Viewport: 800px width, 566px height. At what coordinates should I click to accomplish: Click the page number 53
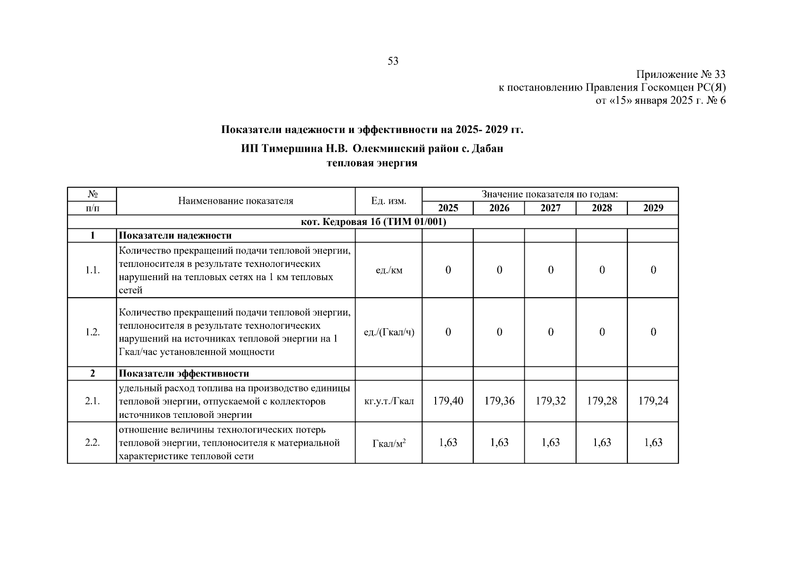click(393, 61)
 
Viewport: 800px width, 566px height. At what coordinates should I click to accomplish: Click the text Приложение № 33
click(680, 75)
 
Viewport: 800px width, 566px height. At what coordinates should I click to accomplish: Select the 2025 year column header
click(448, 208)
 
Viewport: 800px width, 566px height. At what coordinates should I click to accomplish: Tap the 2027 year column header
click(550, 208)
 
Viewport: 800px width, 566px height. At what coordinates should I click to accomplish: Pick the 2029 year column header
click(653, 208)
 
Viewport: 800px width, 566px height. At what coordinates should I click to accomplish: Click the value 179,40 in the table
click(448, 401)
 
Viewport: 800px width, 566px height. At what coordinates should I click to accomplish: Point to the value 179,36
click(499, 401)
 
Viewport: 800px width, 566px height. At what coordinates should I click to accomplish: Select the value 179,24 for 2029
click(653, 401)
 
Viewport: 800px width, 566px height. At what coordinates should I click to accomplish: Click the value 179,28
click(602, 401)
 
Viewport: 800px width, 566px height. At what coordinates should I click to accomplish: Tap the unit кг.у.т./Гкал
click(389, 401)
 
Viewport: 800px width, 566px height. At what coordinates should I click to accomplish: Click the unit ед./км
click(389, 270)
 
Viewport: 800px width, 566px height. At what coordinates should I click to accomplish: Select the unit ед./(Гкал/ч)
click(389, 332)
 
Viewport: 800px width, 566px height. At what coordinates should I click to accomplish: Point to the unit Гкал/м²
click(389, 443)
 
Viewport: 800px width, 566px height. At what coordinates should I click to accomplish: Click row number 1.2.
click(92, 332)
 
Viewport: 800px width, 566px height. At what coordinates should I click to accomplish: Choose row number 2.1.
click(92, 401)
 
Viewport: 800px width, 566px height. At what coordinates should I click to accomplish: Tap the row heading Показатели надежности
click(175, 235)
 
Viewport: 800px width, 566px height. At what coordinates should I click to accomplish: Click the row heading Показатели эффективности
click(183, 374)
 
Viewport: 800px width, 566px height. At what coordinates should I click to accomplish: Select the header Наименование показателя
click(235, 201)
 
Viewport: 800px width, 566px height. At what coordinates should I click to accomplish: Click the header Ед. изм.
click(388, 201)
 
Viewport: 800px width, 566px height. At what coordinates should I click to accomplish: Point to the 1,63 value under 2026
click(499, 442)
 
